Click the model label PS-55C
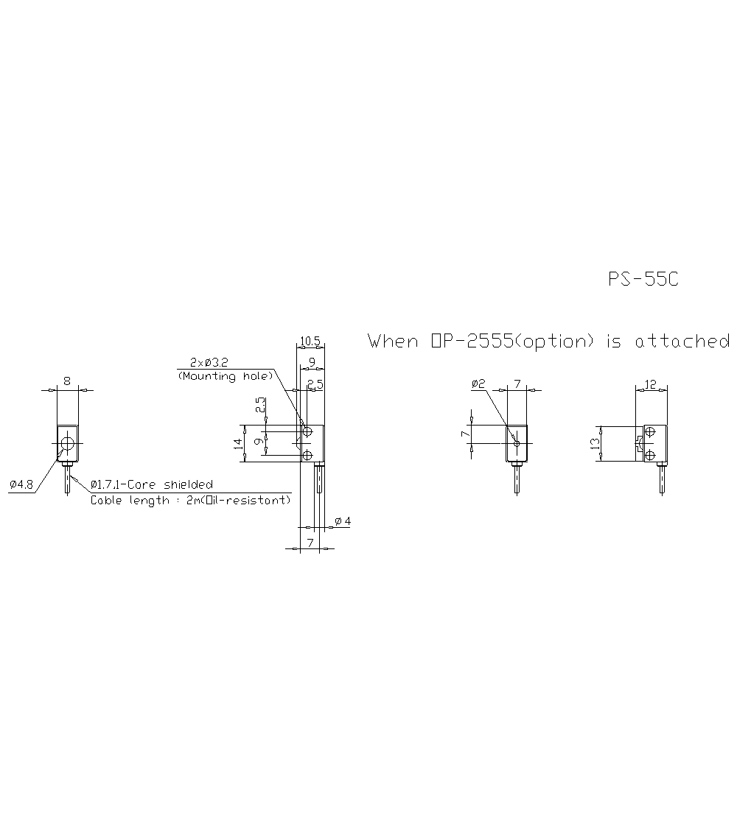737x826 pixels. (643, 280)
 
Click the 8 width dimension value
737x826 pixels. (67, 381)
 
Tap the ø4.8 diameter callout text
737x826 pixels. (22, 484)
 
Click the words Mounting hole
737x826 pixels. (225, 376)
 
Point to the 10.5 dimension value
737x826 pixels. (310, 341)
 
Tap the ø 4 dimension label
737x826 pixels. (343, 521)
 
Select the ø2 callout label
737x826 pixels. (478, 384)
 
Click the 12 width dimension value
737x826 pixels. (651, 384)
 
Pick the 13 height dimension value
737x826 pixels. (595, 443)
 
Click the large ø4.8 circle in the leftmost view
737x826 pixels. (67, 443)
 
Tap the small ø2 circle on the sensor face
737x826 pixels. (517, 443)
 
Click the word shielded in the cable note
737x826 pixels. (189, 484)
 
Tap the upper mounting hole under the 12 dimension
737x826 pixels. (649, 431)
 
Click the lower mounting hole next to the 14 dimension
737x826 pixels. (307, 454)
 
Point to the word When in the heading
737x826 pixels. (393, 342)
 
